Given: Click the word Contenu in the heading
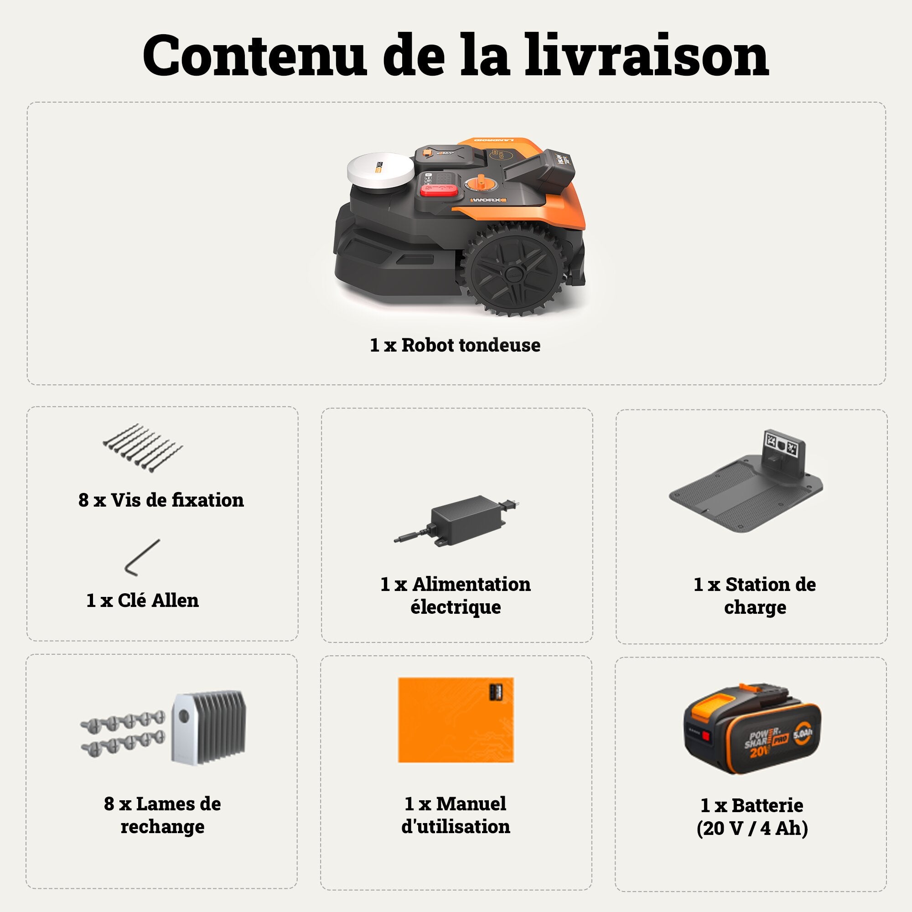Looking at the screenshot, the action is pyautogui.click(x=255, y=55).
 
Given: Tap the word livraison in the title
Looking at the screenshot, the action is pyautogui.click(x=647, y=55).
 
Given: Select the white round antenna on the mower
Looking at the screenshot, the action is pyautogui.click(x=380, y=172).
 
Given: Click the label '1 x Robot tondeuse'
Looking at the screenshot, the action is pyautogui.click(x=455, y=345).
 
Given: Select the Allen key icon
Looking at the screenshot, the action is pyautogui.click(x=142, y=559).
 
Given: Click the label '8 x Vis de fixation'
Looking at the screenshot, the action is pyautogui.click(x=161, y=500).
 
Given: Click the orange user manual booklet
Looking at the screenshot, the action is pyautogui.click(x=456, y=720).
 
